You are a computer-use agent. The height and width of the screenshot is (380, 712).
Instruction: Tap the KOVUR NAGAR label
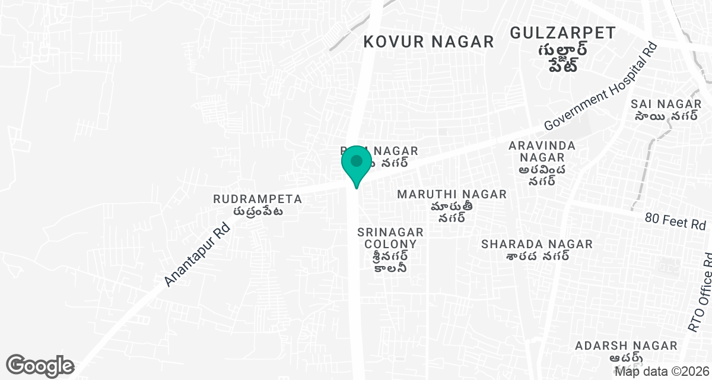[x=428, y=42]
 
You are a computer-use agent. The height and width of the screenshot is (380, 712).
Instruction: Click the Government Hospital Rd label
[x=600, y=87]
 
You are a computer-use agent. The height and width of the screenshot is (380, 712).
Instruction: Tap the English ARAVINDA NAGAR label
[x=542, y=151]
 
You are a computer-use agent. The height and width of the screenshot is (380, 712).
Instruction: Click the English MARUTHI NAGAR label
[x=452, y=194]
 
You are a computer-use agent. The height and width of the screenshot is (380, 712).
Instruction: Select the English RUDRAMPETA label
[x=258, y=199]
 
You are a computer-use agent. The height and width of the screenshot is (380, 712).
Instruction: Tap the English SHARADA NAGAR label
[x=537, y=244]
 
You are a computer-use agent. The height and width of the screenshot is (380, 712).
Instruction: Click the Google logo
[x=40, y=365]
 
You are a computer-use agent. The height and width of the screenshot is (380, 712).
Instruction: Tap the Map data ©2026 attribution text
[x=662, y=372]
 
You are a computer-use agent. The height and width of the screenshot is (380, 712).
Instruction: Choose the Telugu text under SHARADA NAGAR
[x=538, y=256]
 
